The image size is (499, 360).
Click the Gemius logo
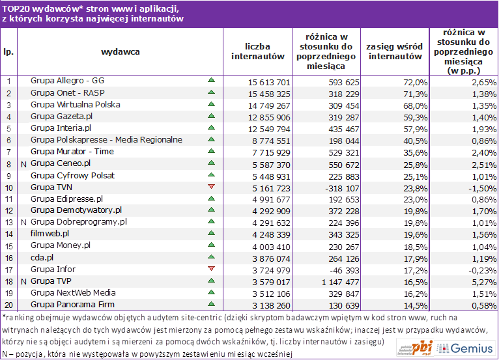465,348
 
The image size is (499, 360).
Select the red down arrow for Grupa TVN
211,186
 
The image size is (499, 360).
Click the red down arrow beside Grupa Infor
211,268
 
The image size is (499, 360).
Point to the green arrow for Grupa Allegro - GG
211,80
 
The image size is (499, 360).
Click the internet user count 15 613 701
269,83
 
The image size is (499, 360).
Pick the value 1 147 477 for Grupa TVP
340,282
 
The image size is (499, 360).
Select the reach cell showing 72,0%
416,83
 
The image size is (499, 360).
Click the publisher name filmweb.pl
50,234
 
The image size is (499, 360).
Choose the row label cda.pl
42,257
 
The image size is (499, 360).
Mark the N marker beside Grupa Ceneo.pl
23,165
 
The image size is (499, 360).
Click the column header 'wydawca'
121,52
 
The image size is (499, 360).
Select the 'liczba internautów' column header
258,51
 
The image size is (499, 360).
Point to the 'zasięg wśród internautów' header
395,51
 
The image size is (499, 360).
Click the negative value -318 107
342,188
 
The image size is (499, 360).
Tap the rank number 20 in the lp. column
9,305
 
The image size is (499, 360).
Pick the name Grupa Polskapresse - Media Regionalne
106,139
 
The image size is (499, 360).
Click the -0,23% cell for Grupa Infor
482,270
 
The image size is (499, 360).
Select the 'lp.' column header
8,52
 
